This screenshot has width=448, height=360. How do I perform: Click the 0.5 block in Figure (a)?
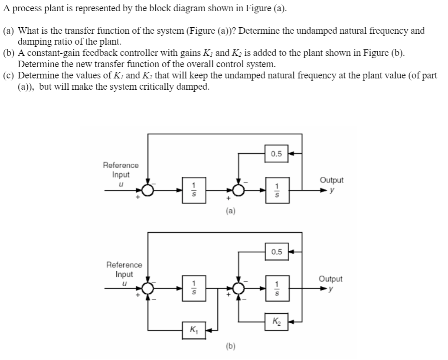276,154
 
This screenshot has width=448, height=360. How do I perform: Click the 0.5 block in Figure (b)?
276,252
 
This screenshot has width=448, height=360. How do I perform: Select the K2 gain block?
276,321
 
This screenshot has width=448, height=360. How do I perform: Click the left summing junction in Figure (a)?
148,189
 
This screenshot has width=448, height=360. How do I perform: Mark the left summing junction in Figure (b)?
148,288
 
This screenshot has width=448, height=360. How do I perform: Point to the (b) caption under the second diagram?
231,346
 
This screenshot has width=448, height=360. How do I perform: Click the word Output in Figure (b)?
330,279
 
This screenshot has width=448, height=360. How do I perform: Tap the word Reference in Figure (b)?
124,265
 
